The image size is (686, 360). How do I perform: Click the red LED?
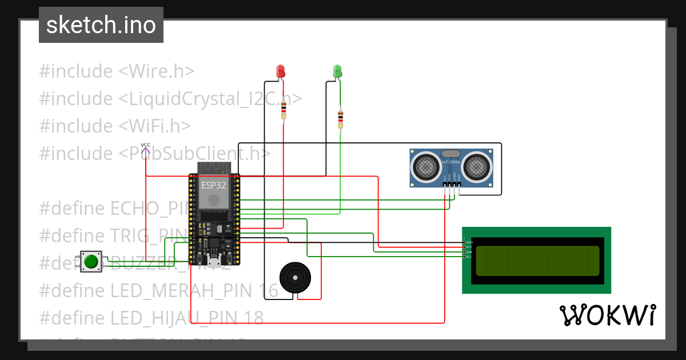[280, 71]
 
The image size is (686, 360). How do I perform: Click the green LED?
[337, 71]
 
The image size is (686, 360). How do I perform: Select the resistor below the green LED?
[341, 119]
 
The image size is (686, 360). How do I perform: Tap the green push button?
[91, 262]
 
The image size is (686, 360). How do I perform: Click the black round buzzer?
[295, 277]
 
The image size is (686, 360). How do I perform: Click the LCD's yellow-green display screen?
[537, 261]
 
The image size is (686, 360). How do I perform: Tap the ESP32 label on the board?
[213, 186]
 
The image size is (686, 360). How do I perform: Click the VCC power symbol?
[146, 149]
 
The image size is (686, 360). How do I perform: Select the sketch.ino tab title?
[101, 25]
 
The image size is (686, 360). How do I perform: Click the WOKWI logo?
[607, 315]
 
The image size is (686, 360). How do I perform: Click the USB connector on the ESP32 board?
[214, 262]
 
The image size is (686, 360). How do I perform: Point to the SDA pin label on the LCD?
[469, 252]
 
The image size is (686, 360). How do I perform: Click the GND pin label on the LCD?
[469, 242]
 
